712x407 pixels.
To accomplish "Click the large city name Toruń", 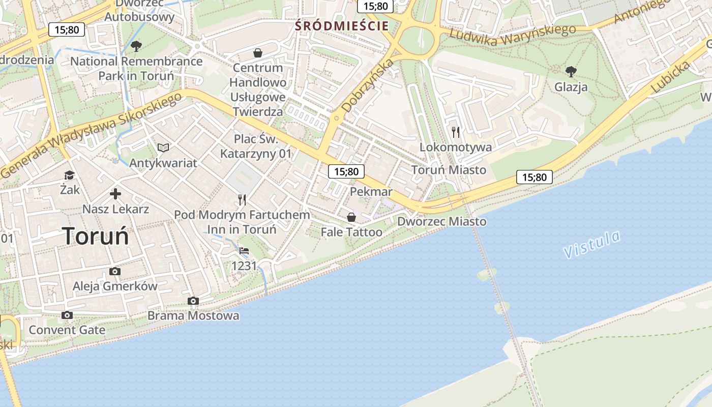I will (96, 236).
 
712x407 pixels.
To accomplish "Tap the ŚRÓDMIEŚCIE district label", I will (342, 26).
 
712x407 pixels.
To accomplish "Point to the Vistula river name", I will (592, 244).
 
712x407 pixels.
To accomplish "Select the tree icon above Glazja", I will (571, 71).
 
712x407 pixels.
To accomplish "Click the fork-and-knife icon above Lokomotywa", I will (456, 132).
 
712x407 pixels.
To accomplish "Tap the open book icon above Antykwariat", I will (163, 148).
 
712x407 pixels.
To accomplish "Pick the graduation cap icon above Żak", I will (69, 176).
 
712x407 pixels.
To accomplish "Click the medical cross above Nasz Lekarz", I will (115, 194).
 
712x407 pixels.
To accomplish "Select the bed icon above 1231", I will (244, 251).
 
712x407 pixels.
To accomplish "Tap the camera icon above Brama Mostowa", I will (193, 301).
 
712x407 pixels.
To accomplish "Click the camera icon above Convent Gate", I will (67, 315).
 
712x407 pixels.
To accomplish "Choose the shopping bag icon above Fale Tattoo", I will (351, 217).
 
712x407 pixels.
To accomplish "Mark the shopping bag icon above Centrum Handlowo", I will (258, 53).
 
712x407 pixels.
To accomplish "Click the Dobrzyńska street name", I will (368, 85).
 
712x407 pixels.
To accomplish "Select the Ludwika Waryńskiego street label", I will (512, 36).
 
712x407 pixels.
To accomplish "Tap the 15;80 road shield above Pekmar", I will (346, 171).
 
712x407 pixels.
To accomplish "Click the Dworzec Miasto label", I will (441, 222).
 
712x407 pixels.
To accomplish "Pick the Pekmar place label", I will (371, 192).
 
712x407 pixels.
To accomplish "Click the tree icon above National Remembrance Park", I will (136, 47).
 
